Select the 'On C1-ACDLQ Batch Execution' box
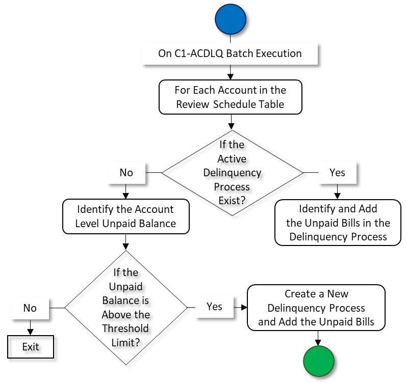[x=230, y=53]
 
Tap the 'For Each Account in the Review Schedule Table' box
[x=231, y=97]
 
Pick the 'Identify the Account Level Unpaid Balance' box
[x=125, y=216]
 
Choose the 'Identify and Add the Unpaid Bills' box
[x=337, y=223]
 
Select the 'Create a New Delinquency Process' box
[x=316, y=308]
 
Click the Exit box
[x=30, y=348]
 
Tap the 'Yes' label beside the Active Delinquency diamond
[x=337, y=173]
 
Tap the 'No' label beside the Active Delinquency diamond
[x=125, y=173]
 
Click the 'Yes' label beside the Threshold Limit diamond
[x=214, y=307]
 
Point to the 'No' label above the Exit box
[x=30, y=308]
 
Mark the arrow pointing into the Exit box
[x=30, y=329]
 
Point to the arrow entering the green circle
[x=319, y=339]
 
